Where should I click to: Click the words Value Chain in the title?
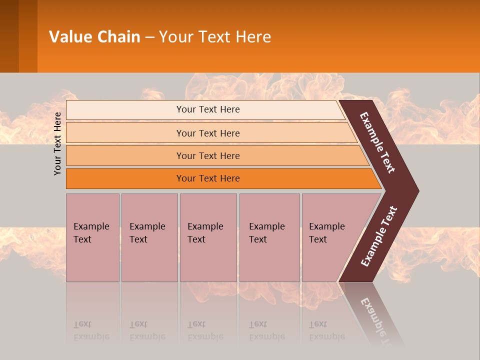pos(94,37)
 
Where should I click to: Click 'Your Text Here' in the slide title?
pos(215,37)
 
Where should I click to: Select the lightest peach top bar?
pos(207,109)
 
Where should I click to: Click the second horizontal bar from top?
pos(207,133)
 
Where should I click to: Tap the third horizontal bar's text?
pos(207,156)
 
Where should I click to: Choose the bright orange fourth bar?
pos(207,178)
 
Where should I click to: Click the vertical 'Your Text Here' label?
pos(57,143)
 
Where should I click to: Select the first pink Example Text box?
pos(92,237)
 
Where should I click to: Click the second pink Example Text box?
pos(149,237)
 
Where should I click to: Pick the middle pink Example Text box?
pos(208,237)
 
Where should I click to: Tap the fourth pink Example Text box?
pos(269,237)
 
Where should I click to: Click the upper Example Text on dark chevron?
pos(377,142)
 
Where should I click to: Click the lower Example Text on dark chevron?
pos(379,236)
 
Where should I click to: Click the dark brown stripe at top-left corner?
pos(9,36)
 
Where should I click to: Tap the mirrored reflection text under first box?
pos(91,330)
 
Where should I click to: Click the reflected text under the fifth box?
pos(327,330)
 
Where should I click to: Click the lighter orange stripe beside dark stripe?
pos(28,36)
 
